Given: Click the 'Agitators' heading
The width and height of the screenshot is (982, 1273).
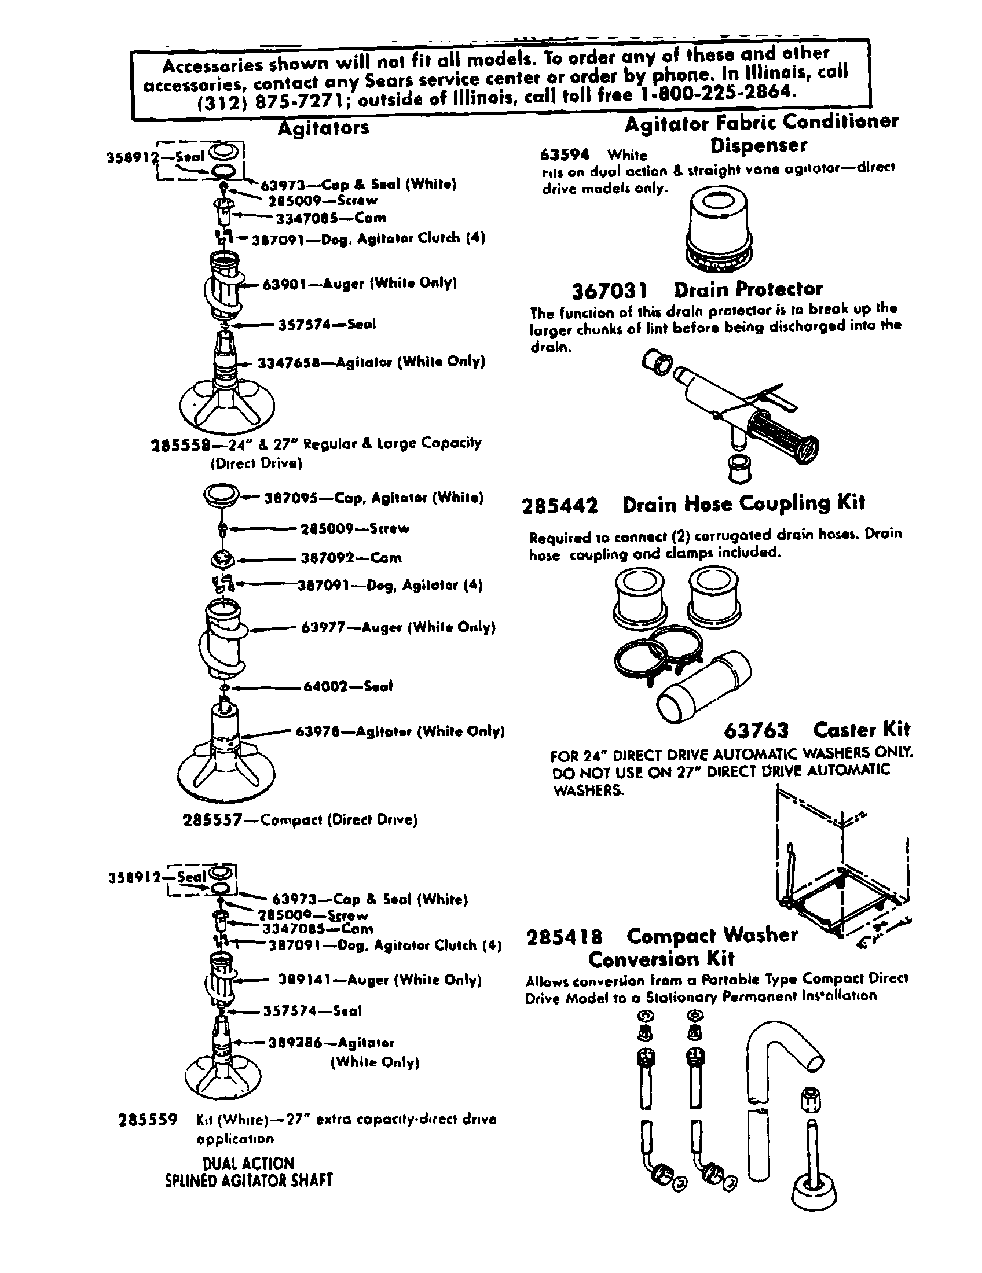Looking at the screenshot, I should [x=323, y=128].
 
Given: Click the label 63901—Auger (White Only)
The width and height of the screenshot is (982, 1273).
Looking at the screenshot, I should [x=359, y=284].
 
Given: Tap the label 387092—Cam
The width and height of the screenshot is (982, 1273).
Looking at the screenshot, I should [x=351, y=558].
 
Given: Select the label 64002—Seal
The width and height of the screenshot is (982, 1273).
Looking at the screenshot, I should [x=348, y=687].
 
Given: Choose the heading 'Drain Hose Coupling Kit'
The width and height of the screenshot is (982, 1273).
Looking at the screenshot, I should [x=743, y=503].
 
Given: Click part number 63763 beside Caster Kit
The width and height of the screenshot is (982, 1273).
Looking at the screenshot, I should [x=756, y=730].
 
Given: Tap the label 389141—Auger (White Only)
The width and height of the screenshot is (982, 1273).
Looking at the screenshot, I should [x=380, y=980].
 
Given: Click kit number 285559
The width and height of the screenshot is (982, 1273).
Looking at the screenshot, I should [x=148, y=1120].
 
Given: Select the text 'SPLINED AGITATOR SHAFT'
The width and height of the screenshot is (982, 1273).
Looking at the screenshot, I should [x=249, y=1181].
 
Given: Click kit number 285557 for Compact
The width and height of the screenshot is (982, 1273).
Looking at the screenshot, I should [x=212, y=820].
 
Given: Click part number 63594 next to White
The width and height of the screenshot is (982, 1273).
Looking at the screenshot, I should [x=565, y=155].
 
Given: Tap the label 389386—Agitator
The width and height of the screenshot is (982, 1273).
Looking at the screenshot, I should [x=331, y=1043].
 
